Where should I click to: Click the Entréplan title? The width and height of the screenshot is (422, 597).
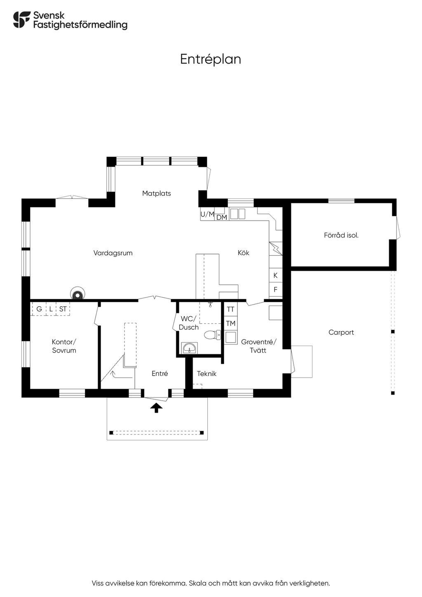[x=211, y=59]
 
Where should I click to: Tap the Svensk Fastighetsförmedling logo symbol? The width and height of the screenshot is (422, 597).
[x=22, y=19]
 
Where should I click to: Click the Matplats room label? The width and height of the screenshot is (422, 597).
[x=156, y=193]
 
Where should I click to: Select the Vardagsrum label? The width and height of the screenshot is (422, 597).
[x=113, y=253]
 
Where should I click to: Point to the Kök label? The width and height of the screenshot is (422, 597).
[x=244, y=253]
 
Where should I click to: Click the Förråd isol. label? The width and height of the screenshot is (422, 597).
[x=341, y=235]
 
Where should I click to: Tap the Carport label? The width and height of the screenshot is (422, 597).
[x=341, y=332]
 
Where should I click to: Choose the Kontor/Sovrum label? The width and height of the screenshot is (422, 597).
[x=64, y=346]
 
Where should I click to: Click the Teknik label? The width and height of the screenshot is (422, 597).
[x=207, y=374]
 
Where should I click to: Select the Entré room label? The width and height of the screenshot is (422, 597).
[x=160, y=374]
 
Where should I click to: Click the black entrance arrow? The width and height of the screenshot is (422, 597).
[x=156, y=408]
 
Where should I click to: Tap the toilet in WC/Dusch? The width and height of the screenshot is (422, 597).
[x=212, y=335]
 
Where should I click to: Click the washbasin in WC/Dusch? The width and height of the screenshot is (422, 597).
[x=190, y=348]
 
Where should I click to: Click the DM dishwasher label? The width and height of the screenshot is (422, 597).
[x=222, y=217]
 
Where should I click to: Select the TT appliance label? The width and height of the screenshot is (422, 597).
[x=230, y=309]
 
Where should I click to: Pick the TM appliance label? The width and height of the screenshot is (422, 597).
[x=231, y=323]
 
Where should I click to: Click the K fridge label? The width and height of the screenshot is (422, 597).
[x=275, y=275]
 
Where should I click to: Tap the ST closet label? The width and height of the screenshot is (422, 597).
[x=63, y=309]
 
